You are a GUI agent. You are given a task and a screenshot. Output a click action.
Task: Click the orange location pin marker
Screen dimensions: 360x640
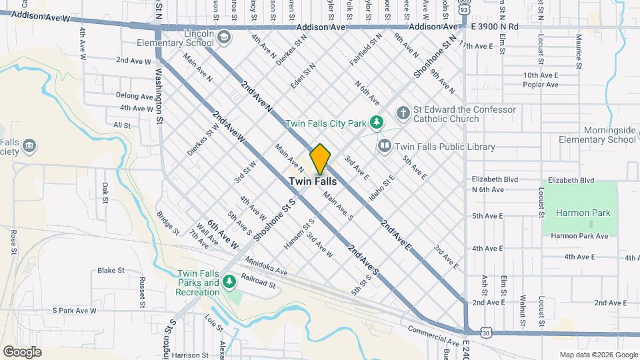pyautogui.click(x=320, y=159)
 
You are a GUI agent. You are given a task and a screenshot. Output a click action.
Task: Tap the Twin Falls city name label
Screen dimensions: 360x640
pyautogui.click(x=312, y=181)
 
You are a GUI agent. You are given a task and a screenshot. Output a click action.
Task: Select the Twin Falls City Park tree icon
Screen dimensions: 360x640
pyautogui.click(x=377, y=122)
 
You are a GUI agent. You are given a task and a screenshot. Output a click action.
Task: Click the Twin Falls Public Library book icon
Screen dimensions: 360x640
pyautogui.click(x=384, y=146)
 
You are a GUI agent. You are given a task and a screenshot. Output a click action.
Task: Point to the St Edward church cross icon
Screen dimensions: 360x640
pyautogui.click(x=403, y=113)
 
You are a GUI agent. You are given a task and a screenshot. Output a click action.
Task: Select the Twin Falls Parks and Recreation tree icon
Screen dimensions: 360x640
pyautogui.click(x=229, y=282)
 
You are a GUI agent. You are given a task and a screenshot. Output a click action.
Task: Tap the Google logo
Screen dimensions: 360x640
pyautogui.click(x=22, y=351)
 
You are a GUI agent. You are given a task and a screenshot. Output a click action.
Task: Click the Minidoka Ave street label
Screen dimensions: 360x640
pyautogui.click(x=266, y=267)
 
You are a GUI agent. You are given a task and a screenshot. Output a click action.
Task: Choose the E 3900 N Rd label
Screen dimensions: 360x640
pyautogui.click(x=495, y=27)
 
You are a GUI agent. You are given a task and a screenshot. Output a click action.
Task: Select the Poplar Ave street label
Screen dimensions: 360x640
pyautogui.click(x=541, y=85)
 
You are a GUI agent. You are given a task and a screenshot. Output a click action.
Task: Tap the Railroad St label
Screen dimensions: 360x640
pyautogui.click(x=259, y=283)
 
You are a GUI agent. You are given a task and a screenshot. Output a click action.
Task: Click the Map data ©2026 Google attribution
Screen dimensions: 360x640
pyautogui.click(x=598, y=355)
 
